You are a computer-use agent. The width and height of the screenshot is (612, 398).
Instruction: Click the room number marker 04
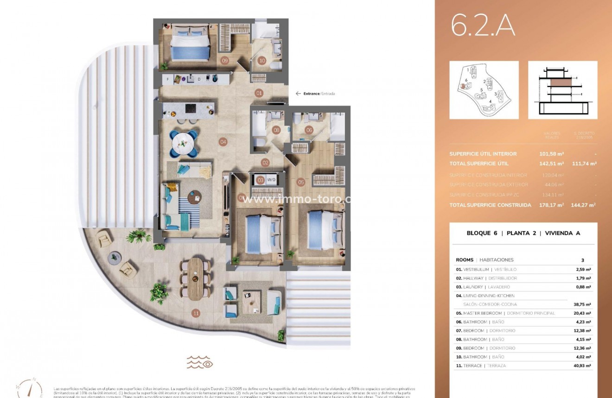pyautogui.click(x=223, y=142)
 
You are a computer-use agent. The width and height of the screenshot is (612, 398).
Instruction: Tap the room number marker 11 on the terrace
pyautogui.click(x=196, y=314)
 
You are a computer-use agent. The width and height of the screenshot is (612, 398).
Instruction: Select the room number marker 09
pyautogui.click(x=225, y=60)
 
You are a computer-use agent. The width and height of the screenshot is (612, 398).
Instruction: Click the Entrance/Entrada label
pyautogui.click(x=319, y=94)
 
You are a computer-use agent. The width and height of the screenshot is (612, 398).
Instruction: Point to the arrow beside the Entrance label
pyautogui.click(x=298, y=94)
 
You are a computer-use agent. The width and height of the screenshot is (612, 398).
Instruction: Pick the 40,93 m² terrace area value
pyautogui.click(x=581, y=366)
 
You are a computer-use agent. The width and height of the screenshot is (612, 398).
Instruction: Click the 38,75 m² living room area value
pyautogui.click(x=581, y=304)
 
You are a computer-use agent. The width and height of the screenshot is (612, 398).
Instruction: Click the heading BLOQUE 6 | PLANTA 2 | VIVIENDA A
pyautogui.click(x=523, y=233)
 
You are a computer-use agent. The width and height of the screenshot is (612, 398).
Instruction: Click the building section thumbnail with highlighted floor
pyautogui.click(x=562, y=90)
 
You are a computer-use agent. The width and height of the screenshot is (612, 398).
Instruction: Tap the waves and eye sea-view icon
pyautogui.click(x=200, y=362)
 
